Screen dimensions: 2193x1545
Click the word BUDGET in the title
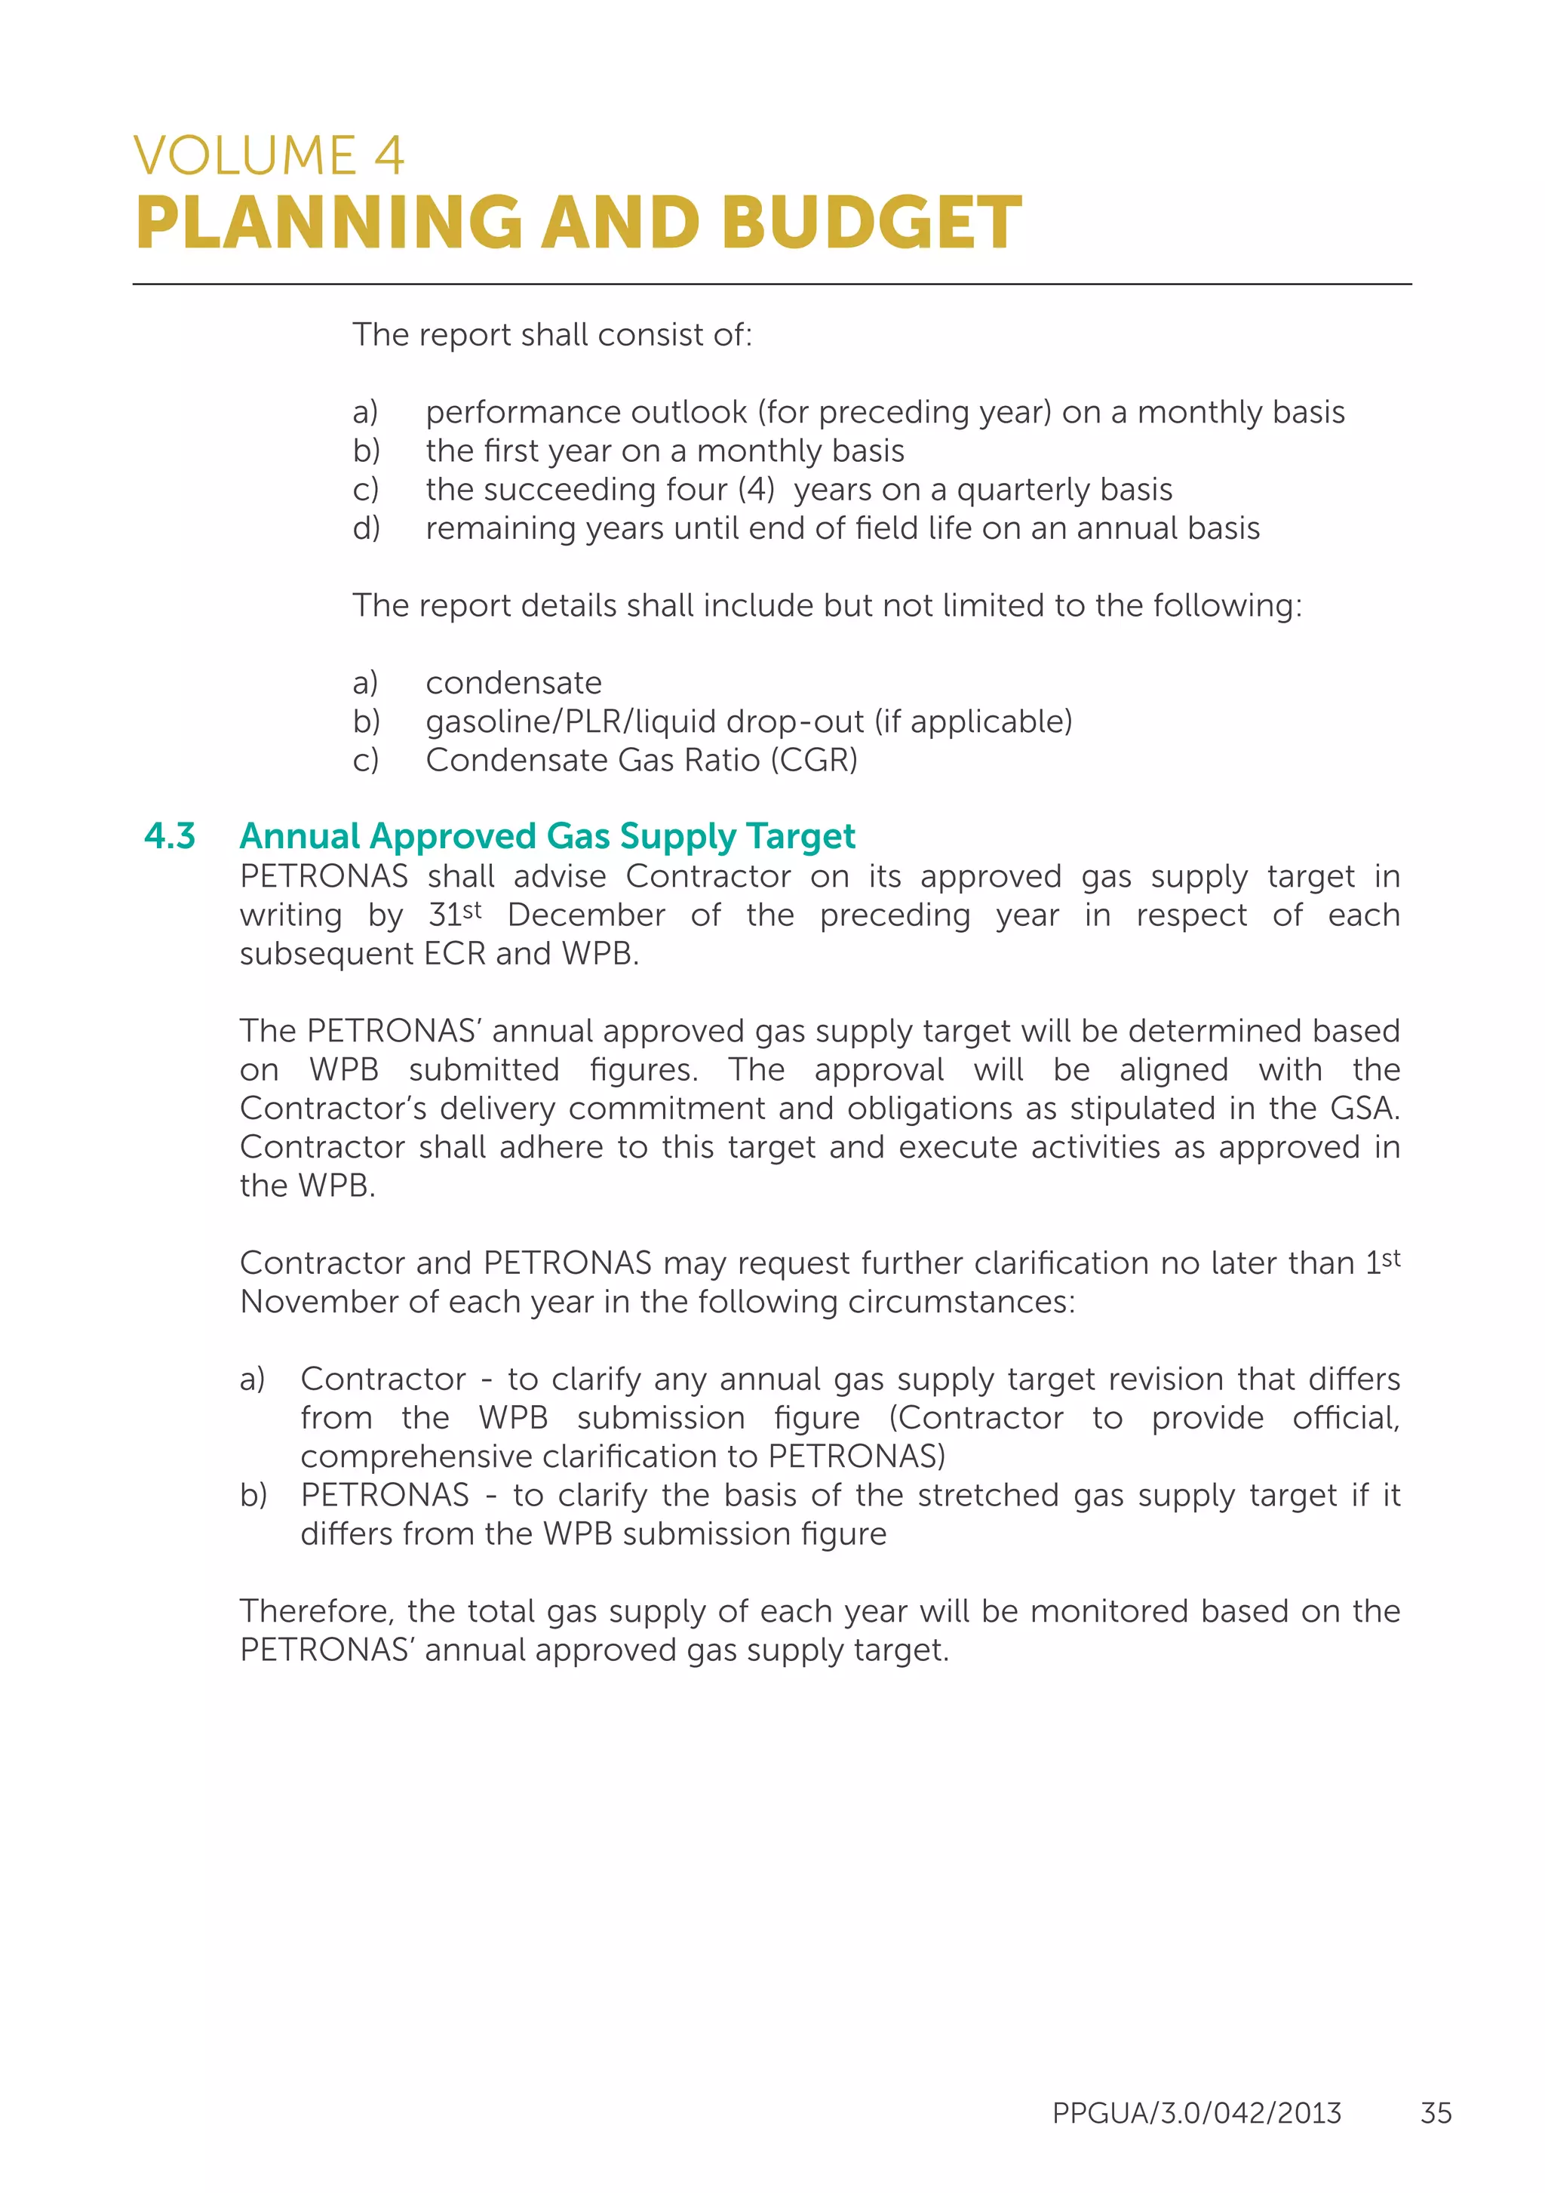coord(871,223)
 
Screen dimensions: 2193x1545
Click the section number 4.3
coord(170,835)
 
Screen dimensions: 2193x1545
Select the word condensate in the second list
coord(514,683)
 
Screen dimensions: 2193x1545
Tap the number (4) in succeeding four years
coord(755,489)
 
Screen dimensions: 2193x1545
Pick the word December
coord(585,915)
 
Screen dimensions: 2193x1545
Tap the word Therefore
coord(315,1611)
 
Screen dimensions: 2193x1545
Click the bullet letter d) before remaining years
coord(366,528)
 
